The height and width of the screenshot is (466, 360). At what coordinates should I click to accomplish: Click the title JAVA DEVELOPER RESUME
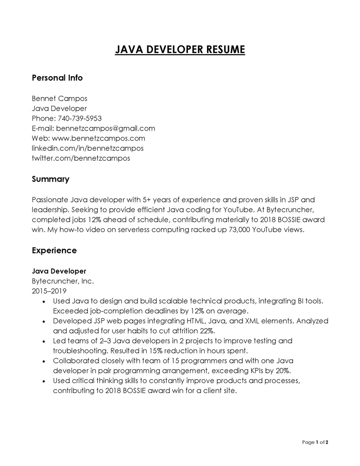click(x=180, y=49)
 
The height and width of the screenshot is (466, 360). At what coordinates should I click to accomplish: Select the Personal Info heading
click(x=57, y=78)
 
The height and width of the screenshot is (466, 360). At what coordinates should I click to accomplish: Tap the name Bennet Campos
click(x=59, y=98)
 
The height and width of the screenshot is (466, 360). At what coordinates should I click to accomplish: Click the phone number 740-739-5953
click(x=80, y=118)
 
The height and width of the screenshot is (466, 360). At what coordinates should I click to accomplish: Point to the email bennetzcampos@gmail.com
click(x=105, y=128)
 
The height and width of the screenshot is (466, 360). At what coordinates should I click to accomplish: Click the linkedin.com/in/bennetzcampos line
click(x=88, y=148)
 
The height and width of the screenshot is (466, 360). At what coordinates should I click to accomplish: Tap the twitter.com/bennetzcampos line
click(x=81, y=158)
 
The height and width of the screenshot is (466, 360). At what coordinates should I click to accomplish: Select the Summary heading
click(x=50, y=179)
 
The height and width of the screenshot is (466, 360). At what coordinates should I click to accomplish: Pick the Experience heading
click(x=54, y=250)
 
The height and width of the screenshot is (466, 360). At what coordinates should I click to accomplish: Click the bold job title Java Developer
click(x=59, y=271)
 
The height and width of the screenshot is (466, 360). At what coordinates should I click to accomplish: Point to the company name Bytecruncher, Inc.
click(x=63, y=281)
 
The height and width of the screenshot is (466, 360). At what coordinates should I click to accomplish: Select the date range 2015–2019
click(x=49, y=291)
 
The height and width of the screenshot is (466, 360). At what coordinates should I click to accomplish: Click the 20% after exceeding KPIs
click(x=281, y=371)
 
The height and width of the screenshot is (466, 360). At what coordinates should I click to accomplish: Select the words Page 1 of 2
click(x=315, y=442)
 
